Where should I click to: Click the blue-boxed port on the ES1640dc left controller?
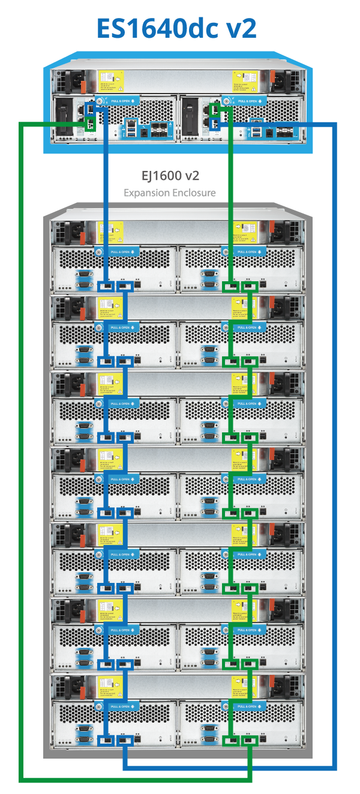90,109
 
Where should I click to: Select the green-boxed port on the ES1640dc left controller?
90,124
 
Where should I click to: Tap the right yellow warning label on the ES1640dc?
246,79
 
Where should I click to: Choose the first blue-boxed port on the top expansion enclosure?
106,286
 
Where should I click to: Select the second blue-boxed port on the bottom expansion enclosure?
124,740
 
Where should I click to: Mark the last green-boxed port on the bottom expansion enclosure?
249,740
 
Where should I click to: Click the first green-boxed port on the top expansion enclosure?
231,286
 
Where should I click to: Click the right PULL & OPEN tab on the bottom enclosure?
246,706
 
